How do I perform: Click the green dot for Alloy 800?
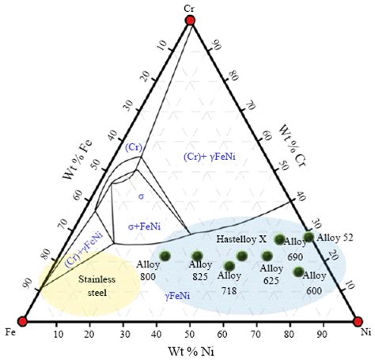(166, 255)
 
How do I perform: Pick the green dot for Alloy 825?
(197, 256)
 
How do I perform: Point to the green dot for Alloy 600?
(298, 272)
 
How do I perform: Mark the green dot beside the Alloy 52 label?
(309, 237)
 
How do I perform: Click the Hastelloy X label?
(241, 238)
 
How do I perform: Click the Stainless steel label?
(93, 286)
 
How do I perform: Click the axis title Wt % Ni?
(188, 350)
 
